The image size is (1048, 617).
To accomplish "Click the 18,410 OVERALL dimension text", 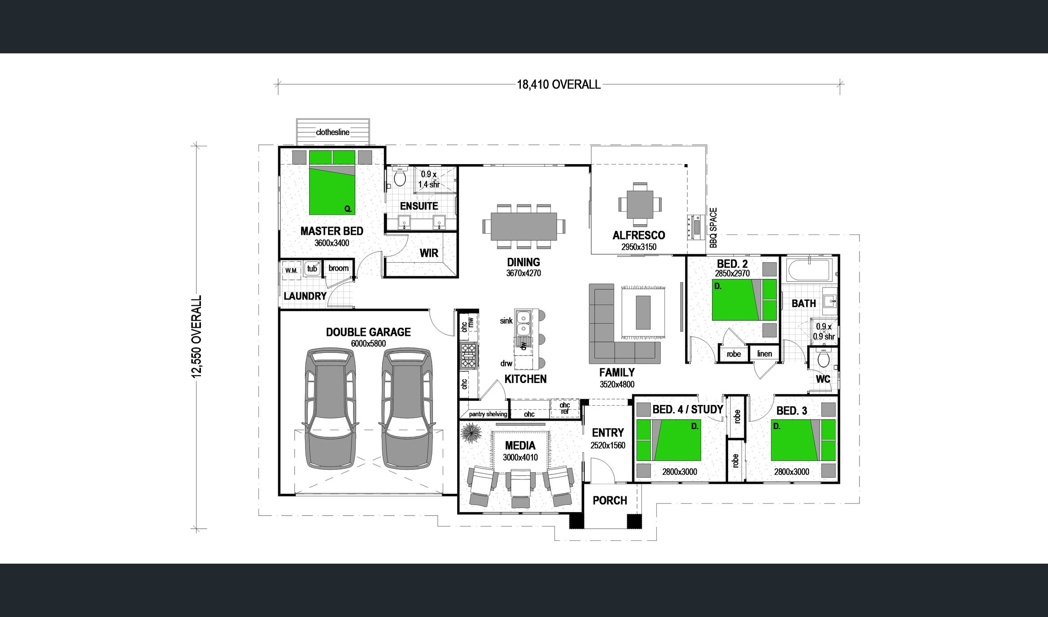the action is tap(559, 84).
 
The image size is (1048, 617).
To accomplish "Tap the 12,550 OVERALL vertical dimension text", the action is tap(197, 337).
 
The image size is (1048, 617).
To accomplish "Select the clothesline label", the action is tap(332, 132).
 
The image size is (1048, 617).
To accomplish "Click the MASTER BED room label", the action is tap(332, 231).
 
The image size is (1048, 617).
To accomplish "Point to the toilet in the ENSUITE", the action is tap(399, 177).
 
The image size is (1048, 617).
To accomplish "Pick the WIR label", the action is tap(428, 253).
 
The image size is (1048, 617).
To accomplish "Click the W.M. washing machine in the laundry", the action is tap(292, 270).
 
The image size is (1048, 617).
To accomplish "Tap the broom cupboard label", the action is tap(338, 268).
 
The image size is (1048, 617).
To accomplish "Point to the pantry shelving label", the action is tap(488, 414).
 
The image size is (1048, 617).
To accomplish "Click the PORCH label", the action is tap(610, 500).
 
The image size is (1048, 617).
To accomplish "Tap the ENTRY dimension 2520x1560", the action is tap(608, 445).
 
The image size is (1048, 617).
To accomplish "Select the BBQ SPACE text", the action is tap(713, 227).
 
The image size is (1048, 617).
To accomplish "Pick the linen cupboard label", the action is tap(764, 353).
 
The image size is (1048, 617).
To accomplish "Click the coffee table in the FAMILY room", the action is tap(643, 312).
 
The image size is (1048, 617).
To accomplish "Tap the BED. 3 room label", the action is tap(791, 411).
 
